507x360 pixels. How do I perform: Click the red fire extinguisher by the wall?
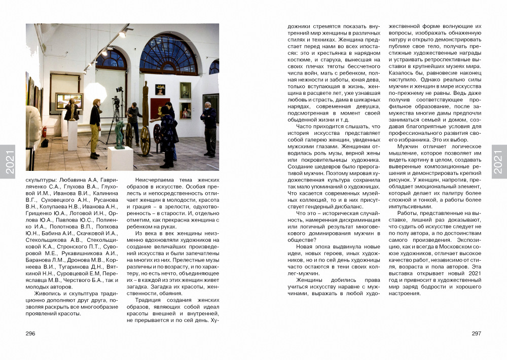[45, 131]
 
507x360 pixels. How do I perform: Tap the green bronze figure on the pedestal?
[119, 135]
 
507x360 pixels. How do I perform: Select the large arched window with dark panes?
[168, 55]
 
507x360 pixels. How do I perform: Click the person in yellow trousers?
[95, 129]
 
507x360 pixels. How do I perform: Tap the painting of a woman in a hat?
[160, 90]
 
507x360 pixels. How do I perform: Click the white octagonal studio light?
[95, 93]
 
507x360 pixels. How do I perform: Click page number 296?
[30, 333]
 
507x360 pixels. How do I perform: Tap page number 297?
[476, 333]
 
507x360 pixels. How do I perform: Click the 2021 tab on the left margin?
[8, 162]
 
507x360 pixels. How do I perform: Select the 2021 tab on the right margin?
[499, 162]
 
